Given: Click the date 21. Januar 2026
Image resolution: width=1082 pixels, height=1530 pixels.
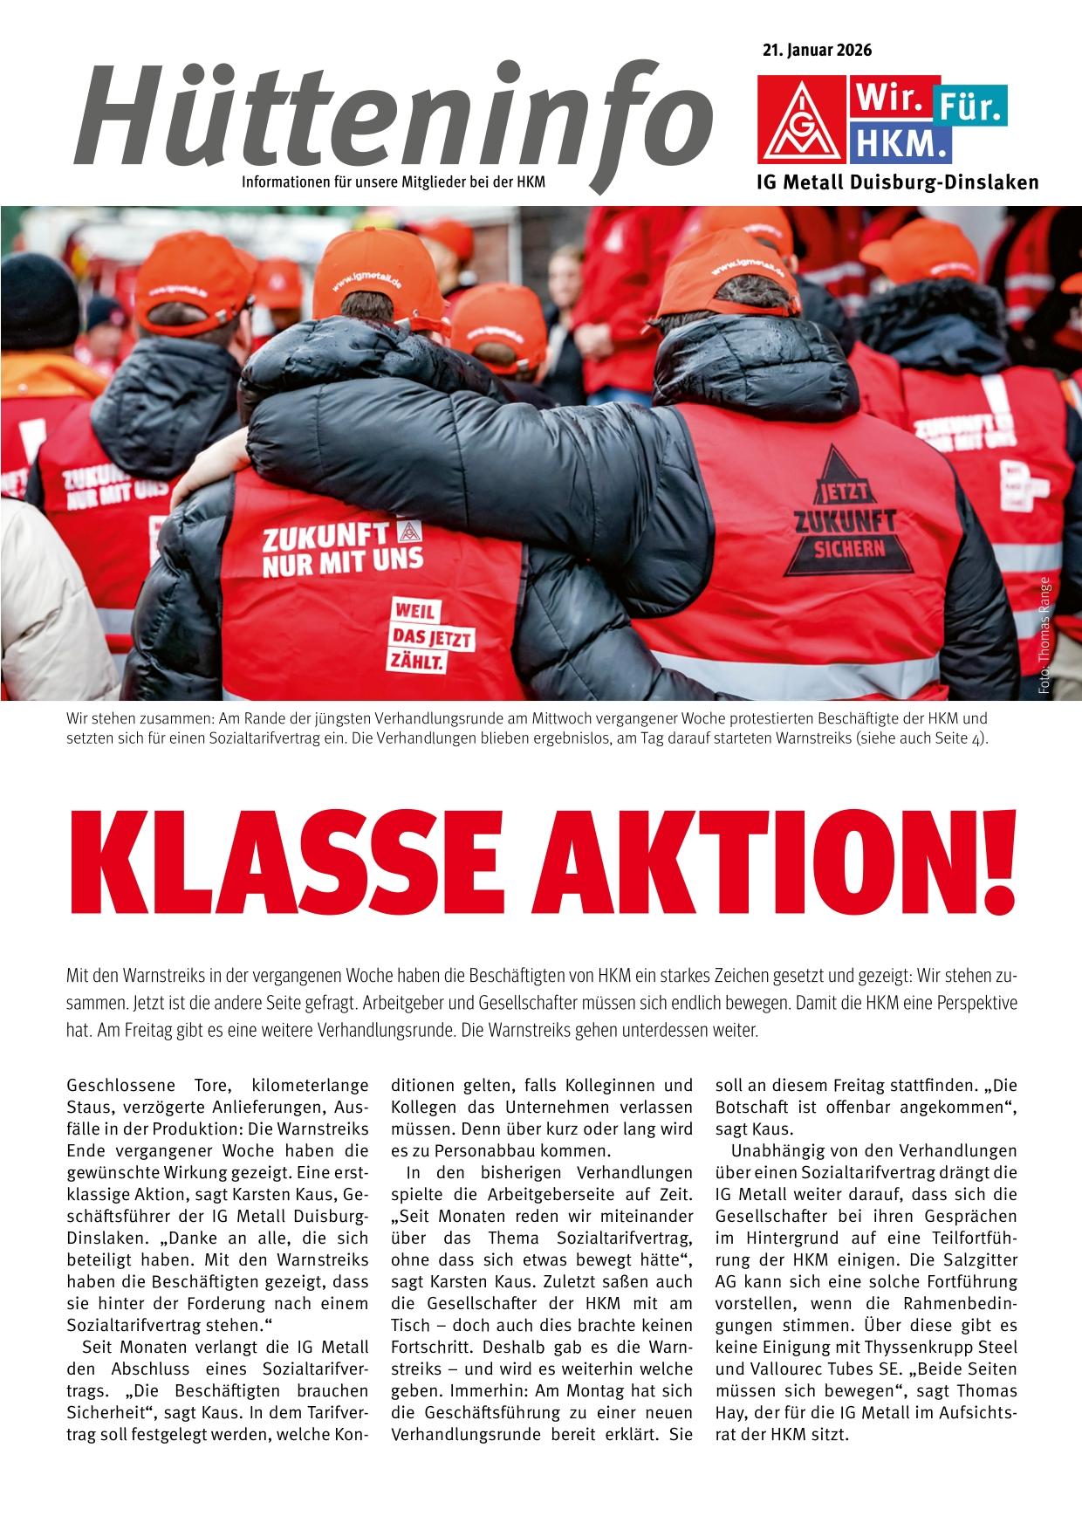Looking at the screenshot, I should pos(817,50).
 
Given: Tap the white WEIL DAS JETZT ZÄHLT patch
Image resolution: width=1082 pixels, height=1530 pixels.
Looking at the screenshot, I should pos(432,635).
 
